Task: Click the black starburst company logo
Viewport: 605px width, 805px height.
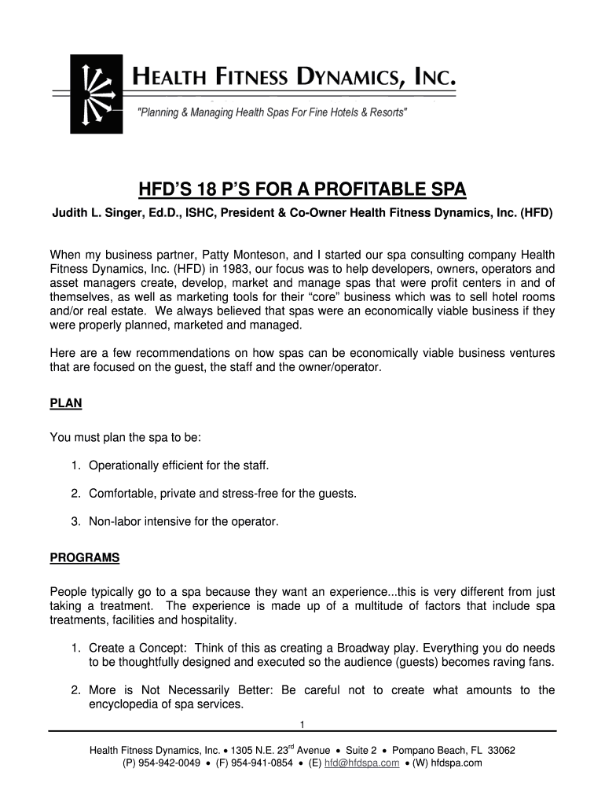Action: tap(96, 94)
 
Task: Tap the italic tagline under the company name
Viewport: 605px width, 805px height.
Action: tap(273, 113)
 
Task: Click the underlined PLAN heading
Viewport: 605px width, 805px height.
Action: tap(66, 403)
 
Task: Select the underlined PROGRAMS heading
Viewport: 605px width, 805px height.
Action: tap(85, 558)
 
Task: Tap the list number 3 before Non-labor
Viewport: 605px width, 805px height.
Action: tap(75, 520)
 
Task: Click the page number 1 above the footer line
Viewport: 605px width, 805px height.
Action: tap(302, 723)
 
